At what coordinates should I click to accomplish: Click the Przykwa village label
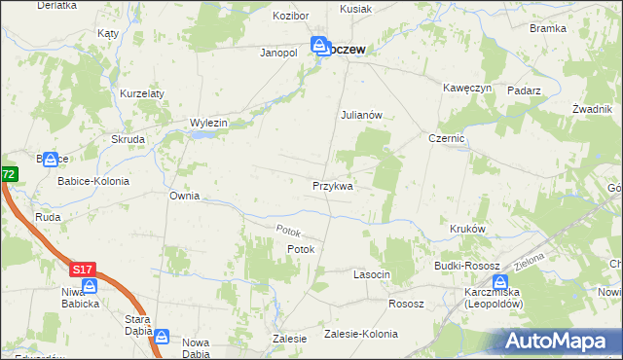(x=332, y=185)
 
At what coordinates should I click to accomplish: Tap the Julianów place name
(x=365, y=114)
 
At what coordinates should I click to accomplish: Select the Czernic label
(x=447, y=139)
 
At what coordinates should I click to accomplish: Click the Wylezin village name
(x=208, y=123)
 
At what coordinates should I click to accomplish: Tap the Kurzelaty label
(x=142, y=93)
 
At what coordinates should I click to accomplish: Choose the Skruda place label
(x=128, y=139)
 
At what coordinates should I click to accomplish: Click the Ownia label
(x=184, y=196)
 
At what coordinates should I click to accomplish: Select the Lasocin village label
(x=371, y=275)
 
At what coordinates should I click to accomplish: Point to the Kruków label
(x=467, y=229)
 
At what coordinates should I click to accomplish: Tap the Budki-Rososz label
(x=467, y=266)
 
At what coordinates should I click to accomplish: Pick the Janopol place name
(x=277, y=53)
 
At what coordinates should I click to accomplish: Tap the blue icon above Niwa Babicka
(x=90, y=286)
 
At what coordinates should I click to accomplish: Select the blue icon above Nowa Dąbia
(x=162, y=338)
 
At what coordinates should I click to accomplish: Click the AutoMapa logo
(x=560, y=341)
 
